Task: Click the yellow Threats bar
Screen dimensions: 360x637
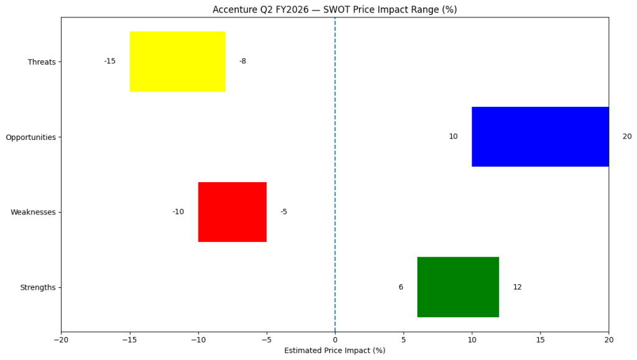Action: point(177,62)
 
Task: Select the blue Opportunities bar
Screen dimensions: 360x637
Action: point(540,137)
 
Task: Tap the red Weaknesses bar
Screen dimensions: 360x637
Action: point(232,212)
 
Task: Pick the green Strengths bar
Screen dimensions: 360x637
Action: point(458,287)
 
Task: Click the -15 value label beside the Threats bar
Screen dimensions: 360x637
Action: point(109,62)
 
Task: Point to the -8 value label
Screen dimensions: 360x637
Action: point(243,62)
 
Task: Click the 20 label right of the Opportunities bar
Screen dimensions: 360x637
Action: point(626,137)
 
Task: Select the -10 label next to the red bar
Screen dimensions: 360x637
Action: point(178,212)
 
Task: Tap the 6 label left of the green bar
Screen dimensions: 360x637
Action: point(401,287)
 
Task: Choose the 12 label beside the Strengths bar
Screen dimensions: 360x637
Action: point(517,287)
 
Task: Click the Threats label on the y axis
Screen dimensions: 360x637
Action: point(42,62)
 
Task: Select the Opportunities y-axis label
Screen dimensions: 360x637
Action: point(30,137)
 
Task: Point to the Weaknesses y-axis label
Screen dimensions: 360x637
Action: point(33,213)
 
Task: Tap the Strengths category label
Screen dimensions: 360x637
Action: point(38,288)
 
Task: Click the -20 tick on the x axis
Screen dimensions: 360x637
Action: point(61,339)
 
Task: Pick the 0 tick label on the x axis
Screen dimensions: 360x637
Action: point(335,339)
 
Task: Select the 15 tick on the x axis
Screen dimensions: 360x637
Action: point(540,339)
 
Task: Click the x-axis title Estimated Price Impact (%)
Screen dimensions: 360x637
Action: point(335,351)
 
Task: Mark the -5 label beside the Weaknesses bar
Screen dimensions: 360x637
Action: point(284,212)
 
